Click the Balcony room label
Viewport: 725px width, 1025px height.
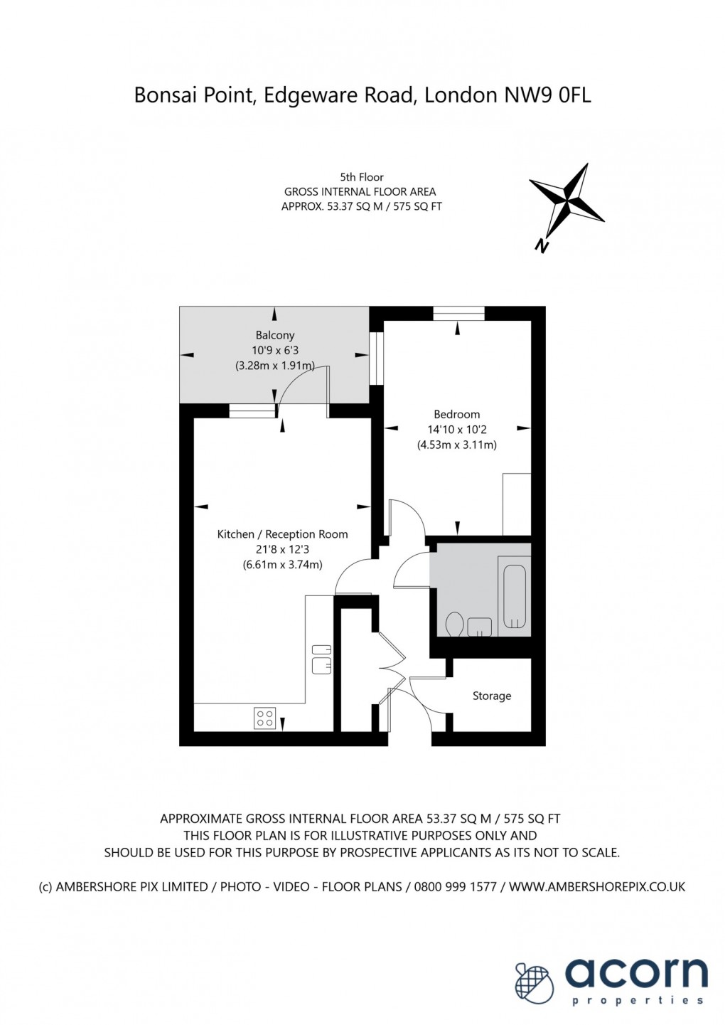click(x=274, y=335)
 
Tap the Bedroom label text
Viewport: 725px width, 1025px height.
click(x=456, y=414)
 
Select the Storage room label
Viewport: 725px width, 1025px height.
click(x=491, y=696)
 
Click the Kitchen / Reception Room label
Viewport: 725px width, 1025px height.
click(x=282, y=534)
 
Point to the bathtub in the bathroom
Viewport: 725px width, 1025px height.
click(x=514, y=596)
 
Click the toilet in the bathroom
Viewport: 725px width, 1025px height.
click(x=454, y=625)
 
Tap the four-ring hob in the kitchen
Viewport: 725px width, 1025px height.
click(x=265, y=718)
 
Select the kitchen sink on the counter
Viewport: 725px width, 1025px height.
click(x=321, y=658)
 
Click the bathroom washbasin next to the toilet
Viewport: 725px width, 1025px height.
click(x=480, y=627)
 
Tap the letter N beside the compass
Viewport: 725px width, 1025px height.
click(x=542, y=245)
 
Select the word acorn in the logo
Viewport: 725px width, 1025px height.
click(x=636, y=974)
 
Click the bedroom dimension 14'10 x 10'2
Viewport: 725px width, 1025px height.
click(x=456, y=430)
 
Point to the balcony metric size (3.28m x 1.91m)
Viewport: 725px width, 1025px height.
click(x=274, y=366)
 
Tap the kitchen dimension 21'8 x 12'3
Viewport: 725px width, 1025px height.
click(x=282, y=549)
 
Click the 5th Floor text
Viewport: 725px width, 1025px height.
click(x=361, y=177)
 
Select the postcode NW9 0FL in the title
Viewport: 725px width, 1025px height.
click(x=547, y=95)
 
